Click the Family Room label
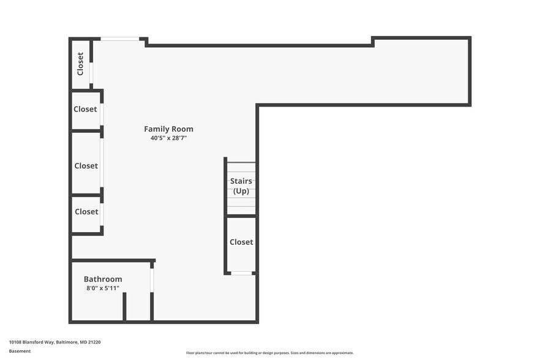(x=168, y=129)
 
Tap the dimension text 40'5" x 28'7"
(x=168, y=138)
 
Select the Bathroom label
(x=103, y=279)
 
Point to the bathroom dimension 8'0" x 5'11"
(x=103, y=288)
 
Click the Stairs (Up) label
(x=241, y=186)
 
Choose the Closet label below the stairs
(x=241, y=242)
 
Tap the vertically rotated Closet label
(x=80, y=64)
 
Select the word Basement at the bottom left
(x=20, y=351)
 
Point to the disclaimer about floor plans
(x=269, y=353)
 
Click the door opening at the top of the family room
(x=120, y=39)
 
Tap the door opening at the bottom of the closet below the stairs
(x=241, y=273)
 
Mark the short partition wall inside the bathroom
(x=124, y=307)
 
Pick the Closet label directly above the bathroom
(x=86, y=212)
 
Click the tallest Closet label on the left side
(x=86, y=166)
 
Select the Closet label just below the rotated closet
(x=85, y=110)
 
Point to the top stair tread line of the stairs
(x=241, y=163)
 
